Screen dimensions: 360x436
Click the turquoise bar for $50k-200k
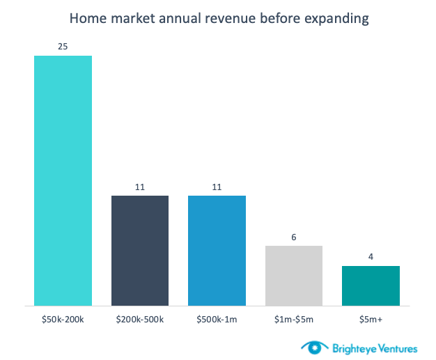pos(63,180)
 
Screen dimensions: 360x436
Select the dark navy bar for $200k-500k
pos(140,251)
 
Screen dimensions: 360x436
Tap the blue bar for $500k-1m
pos(217,251)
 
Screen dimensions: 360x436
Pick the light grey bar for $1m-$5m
pos(294,276)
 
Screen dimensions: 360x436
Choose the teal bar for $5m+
pos(371,285)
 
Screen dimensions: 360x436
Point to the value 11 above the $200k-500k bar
pos(140,187)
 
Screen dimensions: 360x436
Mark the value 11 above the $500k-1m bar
pos(217,187)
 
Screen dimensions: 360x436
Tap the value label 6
pos(294,237)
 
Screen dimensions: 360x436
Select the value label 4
pos(371,258)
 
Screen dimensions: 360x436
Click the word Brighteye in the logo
pos(345,346)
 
